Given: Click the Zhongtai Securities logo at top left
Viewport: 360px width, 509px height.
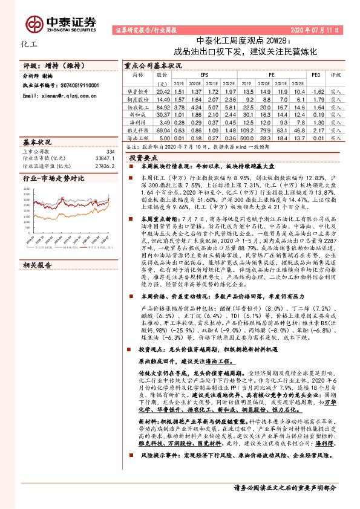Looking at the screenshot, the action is pos(61,22).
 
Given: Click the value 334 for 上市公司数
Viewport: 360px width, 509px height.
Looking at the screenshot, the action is pos(110,151).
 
